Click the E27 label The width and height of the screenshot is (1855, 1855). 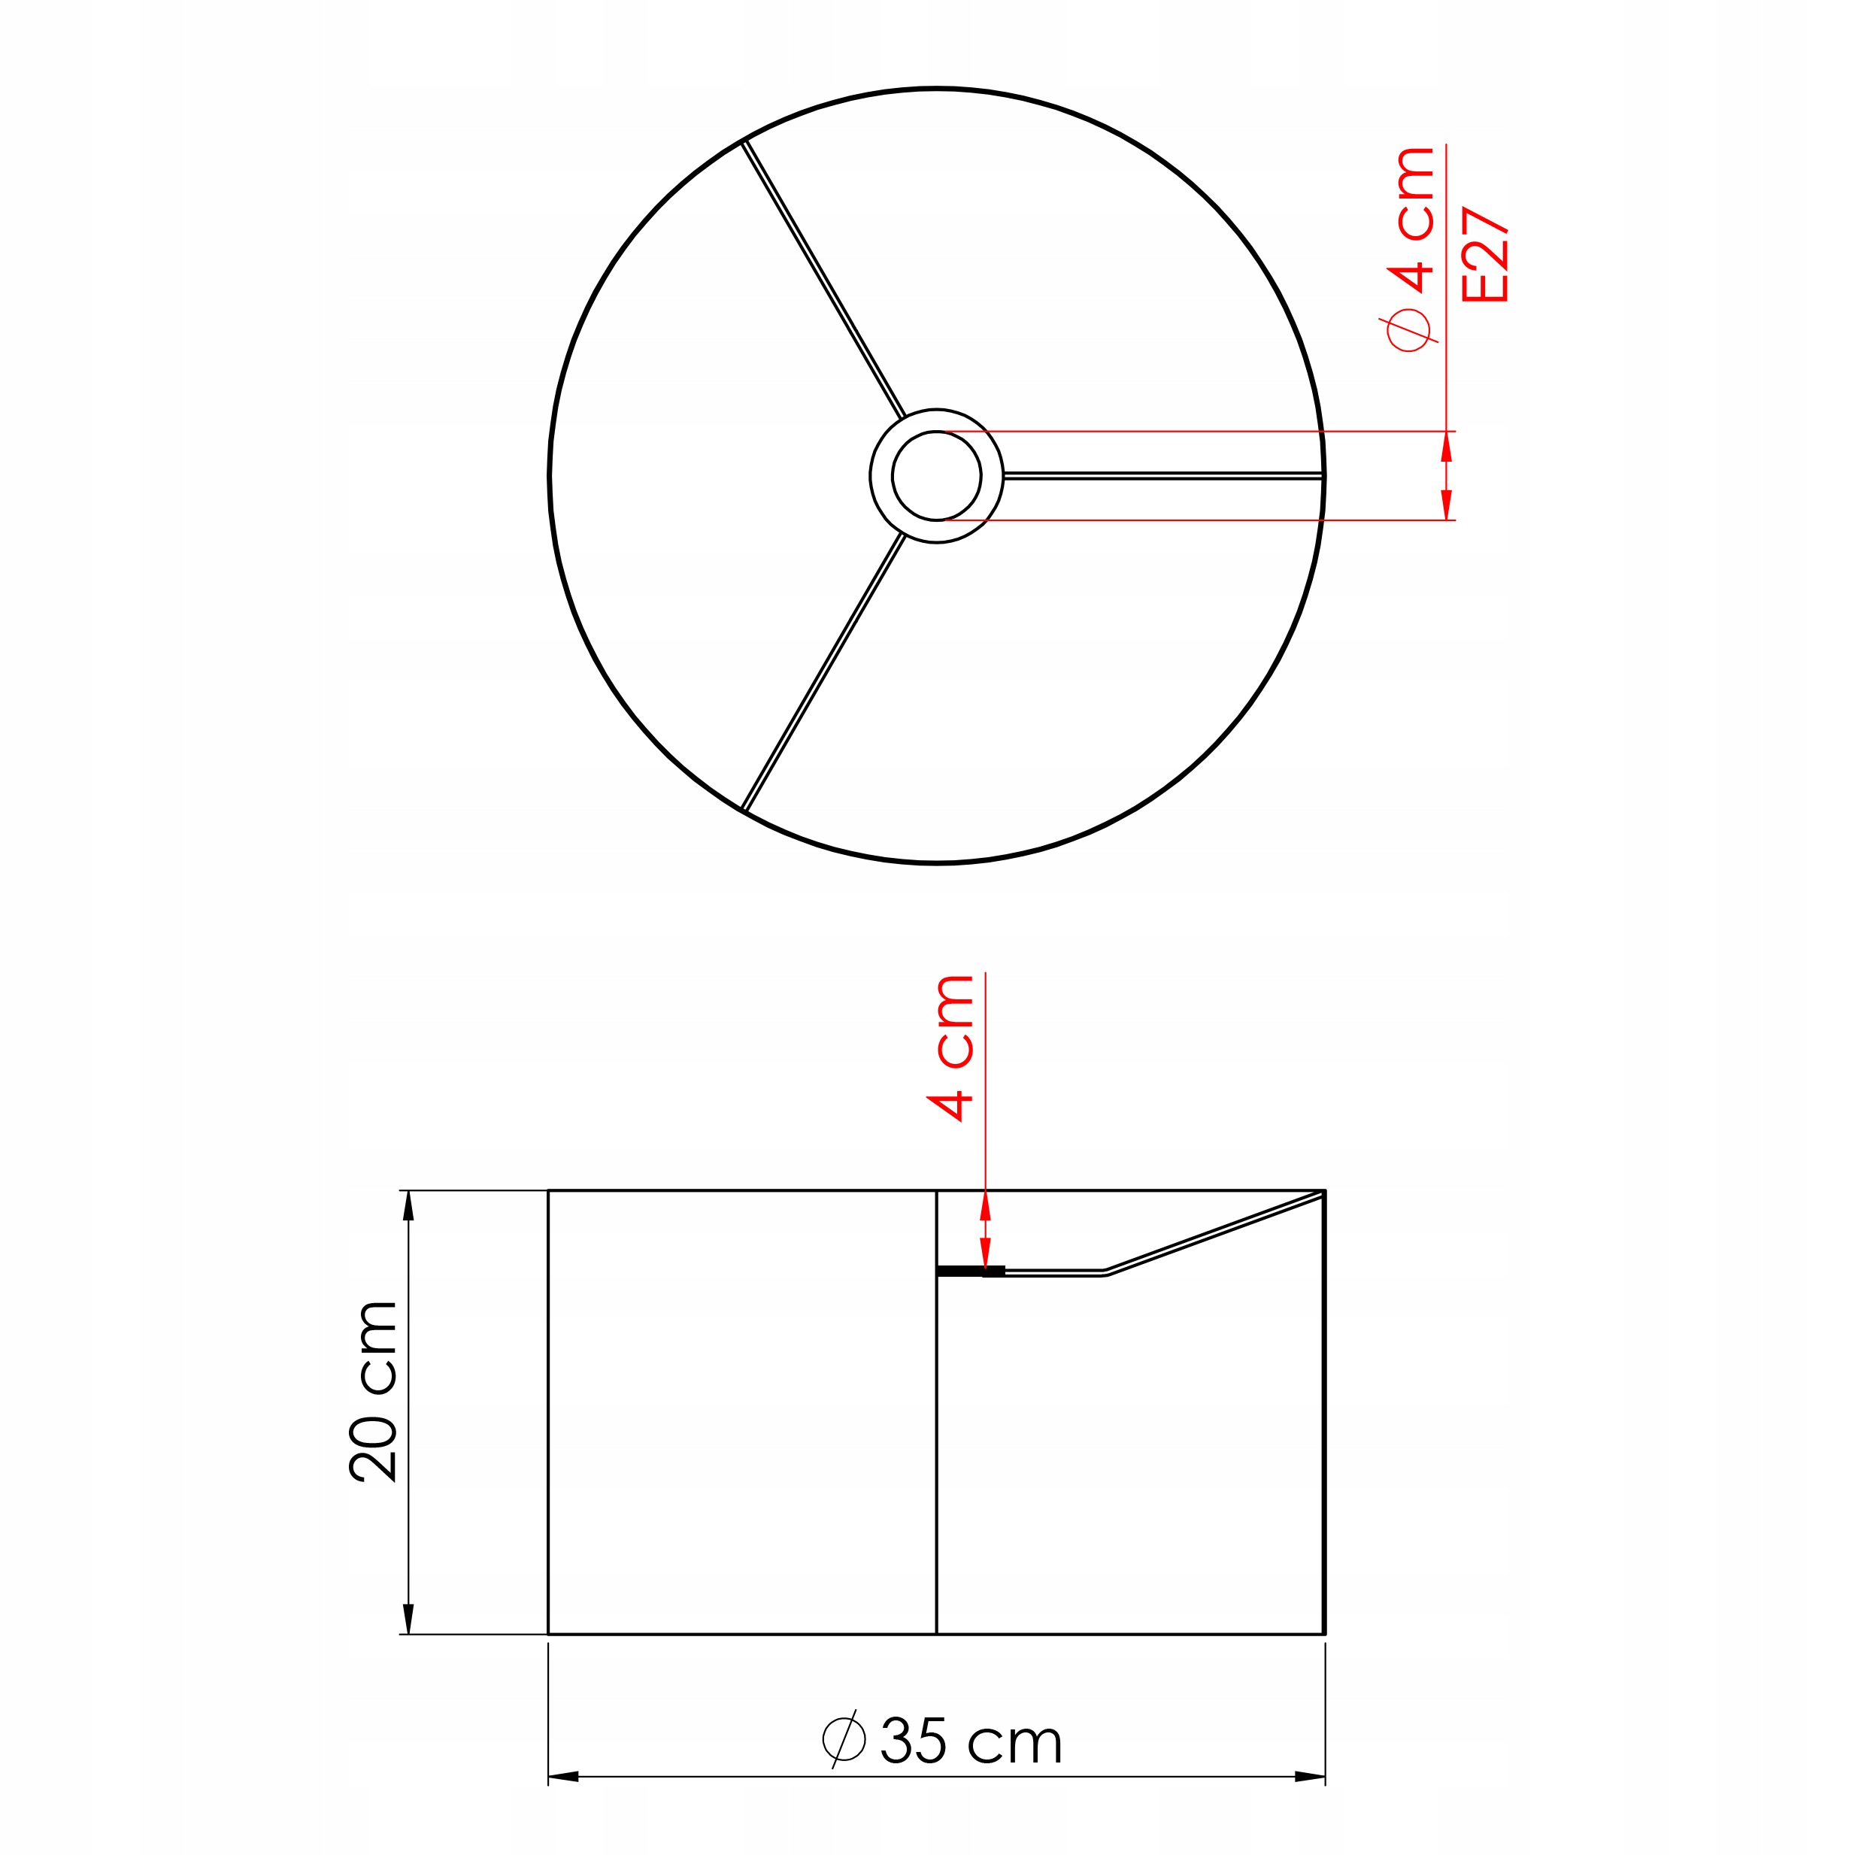click(x=1484, y=254)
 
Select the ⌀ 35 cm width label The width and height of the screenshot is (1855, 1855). click(x=942, y=1740)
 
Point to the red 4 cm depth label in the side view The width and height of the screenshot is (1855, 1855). click(x=951, y=1048)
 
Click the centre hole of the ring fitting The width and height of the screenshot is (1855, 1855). click(x=936, y=475)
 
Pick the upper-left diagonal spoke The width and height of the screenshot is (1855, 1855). click(x=823, y=280)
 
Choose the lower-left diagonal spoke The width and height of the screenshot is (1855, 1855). click(x=823, y=672)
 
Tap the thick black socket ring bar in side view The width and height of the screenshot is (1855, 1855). click(x=971, y=1272)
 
